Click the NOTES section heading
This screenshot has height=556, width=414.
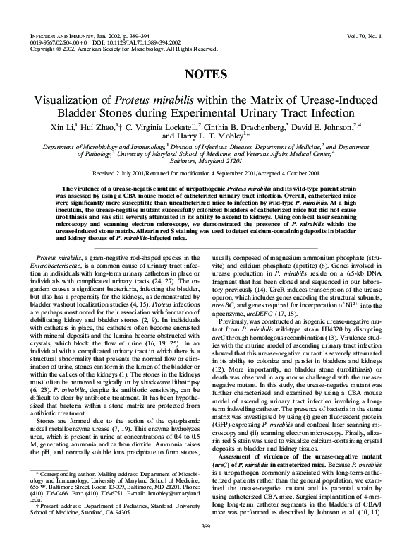[206, 74]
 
